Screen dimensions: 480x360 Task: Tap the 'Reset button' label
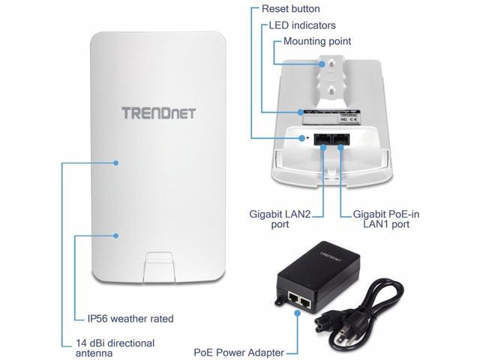[290, 9]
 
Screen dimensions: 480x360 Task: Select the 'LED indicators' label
[301, 25]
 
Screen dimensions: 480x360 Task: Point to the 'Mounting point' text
[316, 42]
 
